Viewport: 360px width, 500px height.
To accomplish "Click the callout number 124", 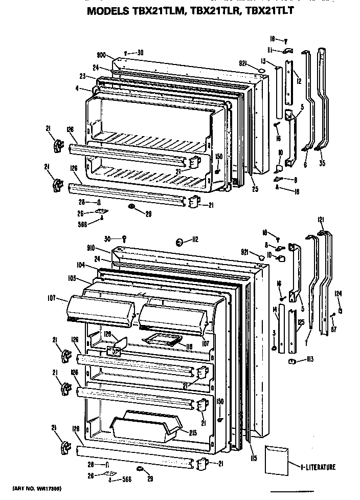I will (339, 294).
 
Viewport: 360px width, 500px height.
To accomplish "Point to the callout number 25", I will (255, 189).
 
